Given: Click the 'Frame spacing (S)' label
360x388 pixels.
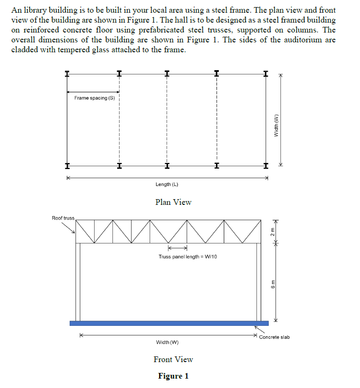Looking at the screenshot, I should point(94,98).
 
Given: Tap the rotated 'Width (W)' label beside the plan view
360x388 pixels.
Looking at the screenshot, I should point(277,125).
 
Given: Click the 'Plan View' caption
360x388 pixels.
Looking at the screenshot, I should point(173,202).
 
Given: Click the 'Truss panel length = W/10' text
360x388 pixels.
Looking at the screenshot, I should point(188,257).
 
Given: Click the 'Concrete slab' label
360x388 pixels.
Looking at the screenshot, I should point(274,337).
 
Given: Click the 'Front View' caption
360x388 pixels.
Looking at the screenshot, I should point(173,359).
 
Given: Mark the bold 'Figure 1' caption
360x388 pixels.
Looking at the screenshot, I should point(173,376).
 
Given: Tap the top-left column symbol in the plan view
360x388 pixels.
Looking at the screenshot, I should point(67,73).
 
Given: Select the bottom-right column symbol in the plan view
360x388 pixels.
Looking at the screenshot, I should point(266,166).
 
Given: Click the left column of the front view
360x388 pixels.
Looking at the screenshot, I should point(79,282).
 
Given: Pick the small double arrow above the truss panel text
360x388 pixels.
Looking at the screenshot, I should point(177,248).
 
